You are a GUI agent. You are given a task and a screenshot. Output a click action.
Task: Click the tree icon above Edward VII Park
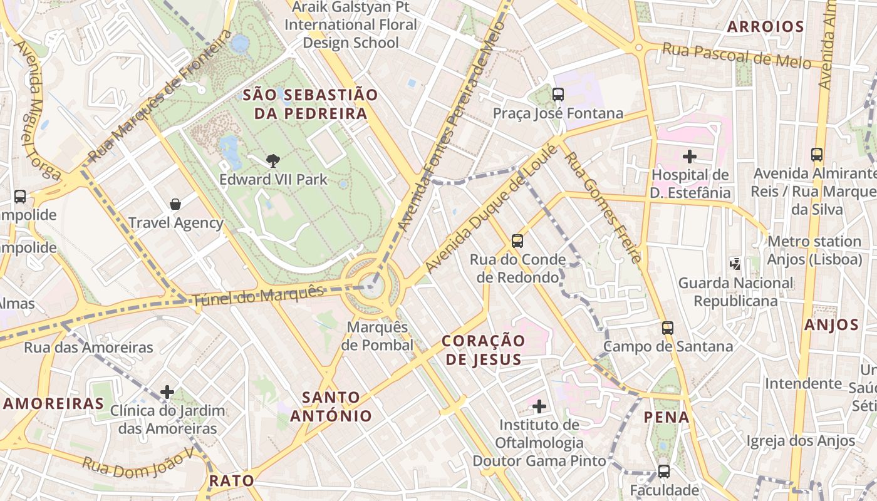(272, 161)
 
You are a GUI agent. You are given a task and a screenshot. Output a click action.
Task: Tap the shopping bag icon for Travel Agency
(175, 204)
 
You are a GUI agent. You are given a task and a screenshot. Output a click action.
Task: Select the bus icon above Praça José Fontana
(558, 95)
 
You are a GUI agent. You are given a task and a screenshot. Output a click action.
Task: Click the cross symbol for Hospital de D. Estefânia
(690, 157)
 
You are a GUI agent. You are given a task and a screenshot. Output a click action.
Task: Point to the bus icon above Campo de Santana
(668, 328)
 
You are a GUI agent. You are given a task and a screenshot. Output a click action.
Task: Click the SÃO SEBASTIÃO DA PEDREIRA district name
(310, 104)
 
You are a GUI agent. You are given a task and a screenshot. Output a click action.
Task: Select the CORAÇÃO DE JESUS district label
(483, 349)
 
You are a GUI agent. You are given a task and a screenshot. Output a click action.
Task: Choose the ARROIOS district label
(765, 26)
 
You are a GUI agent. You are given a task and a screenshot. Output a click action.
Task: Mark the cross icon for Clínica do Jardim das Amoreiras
(167, 392)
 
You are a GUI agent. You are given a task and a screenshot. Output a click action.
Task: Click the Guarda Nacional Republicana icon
(735, 264)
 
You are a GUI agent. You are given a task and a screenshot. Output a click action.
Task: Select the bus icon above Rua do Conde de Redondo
(517, 241)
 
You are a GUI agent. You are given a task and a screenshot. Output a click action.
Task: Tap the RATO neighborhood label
(232, 480)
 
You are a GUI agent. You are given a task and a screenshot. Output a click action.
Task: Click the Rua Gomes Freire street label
(603, 207)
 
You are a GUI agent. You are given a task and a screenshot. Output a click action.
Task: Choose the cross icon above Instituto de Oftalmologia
(539, 407)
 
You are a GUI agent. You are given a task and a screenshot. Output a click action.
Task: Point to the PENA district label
(667, 417)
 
